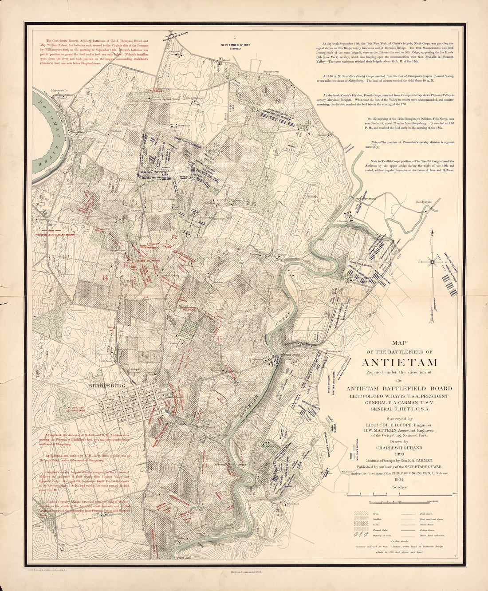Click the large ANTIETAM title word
coord(400,362)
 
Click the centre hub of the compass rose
coord(432,261)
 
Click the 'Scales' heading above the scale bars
coord(399,486)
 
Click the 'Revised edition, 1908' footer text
coord(245,572)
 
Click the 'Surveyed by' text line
coord(399,418)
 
